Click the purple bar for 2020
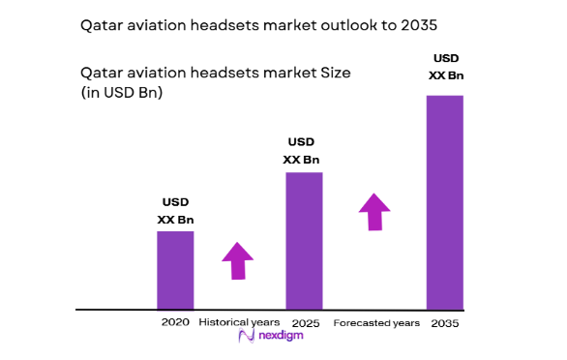(x=175, y=270)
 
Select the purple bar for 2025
(x=303, y=241)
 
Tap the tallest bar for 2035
(x=444, y=202)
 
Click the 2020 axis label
(x=175, y=321)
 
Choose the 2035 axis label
(x=444, y=321)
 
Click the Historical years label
(x=239, y=321)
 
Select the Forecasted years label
(x=375, y=321)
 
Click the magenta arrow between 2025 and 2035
(x=374, y=211)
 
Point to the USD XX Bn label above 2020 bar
(x=175, y=211)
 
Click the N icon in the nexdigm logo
(x=246, y=336)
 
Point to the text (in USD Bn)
(x=122, y=93)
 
